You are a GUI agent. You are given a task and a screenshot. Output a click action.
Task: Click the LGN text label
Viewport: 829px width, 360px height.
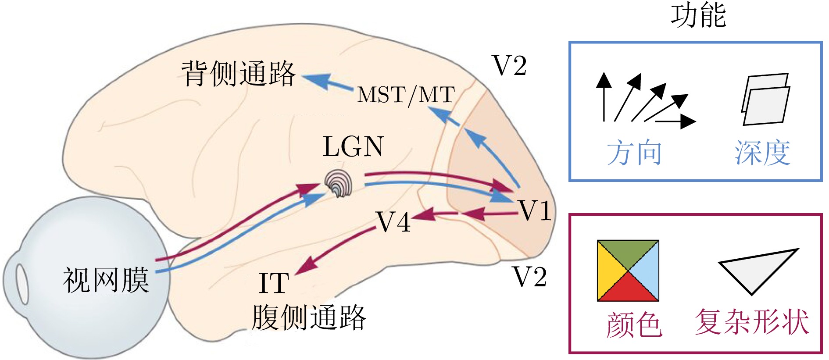353,146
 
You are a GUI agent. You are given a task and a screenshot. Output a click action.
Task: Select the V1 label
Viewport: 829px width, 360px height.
534,210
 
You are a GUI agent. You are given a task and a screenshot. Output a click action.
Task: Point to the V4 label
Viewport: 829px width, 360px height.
393,222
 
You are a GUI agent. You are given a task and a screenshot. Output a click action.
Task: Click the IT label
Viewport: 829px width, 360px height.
274,283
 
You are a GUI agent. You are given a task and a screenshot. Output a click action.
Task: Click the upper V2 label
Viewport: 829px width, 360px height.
509,66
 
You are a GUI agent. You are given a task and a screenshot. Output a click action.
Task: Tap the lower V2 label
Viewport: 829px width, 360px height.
530,277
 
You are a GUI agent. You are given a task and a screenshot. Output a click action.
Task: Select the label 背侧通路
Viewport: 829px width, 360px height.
238,74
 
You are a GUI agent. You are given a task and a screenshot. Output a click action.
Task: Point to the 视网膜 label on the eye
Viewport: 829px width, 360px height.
106,280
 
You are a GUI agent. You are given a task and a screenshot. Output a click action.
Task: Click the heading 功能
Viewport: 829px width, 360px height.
698,16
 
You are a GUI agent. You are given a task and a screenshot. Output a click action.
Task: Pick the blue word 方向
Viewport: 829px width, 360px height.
634,153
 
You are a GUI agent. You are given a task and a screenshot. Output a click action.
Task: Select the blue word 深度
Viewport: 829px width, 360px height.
762,153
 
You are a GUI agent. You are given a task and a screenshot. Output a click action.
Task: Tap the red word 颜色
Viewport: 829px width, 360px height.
634,324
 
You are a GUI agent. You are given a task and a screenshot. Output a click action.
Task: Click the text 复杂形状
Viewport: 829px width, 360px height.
752,322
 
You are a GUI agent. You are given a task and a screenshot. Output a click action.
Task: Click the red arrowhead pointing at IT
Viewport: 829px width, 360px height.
306,266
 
